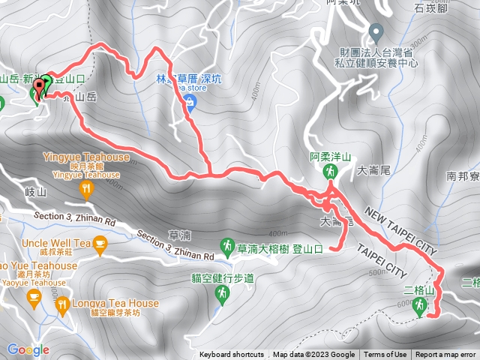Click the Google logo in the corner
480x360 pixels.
pyautogui.click(x=28, y=349)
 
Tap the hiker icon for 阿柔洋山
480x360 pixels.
pyautogui.click(x=329, y=172)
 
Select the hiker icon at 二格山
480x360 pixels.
pyautogui.click(x=420, y=305)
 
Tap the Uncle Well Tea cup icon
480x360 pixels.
pyautogui.click(x=100, y=243)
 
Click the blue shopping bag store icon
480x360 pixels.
pyautogui.click(x=190, y=103)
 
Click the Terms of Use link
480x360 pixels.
pyautogui.click(x=385, y=355)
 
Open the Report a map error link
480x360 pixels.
pyautogui.click(x=445, y=355)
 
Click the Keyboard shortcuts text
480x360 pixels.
pyautogui.click(x=232, y=355)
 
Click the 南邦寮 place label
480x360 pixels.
pyautogui.click(x=461, y=177)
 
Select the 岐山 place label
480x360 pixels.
pyautogui.click(x=36, y=192)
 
